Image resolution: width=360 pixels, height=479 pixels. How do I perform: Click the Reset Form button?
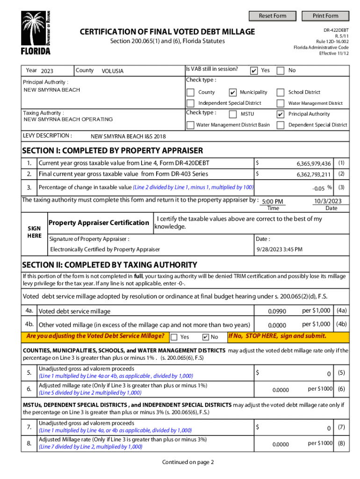(x=273, y=16)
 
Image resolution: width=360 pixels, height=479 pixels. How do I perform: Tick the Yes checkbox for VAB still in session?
(x=253, y=71)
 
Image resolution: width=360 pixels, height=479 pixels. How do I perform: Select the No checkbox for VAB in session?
(x=281, y=71)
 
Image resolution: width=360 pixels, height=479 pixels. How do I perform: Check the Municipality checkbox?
(x=233, y=92)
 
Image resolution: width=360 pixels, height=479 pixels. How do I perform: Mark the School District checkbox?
(x=281, y=92)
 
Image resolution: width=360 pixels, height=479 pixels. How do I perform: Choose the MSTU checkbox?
(x=233, y=114)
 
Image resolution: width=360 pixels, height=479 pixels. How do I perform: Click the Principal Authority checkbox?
(x=281, y=114)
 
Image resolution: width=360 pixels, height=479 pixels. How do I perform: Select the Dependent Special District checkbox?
(x=281, y=125)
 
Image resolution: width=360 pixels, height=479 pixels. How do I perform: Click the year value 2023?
(x=47, y=71)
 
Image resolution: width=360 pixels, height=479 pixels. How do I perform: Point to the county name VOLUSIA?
(x=113, y=71)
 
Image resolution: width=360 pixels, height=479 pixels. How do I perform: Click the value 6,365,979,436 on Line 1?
(x=314, y=164)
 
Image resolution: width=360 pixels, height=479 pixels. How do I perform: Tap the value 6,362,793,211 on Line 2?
(x=314, y=174)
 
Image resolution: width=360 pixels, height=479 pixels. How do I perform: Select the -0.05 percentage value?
(x=318, y=188)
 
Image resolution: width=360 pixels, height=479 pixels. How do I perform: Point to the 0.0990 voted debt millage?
(x=277, y=311)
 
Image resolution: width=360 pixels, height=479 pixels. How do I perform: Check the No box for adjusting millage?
(x=205, y=337)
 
